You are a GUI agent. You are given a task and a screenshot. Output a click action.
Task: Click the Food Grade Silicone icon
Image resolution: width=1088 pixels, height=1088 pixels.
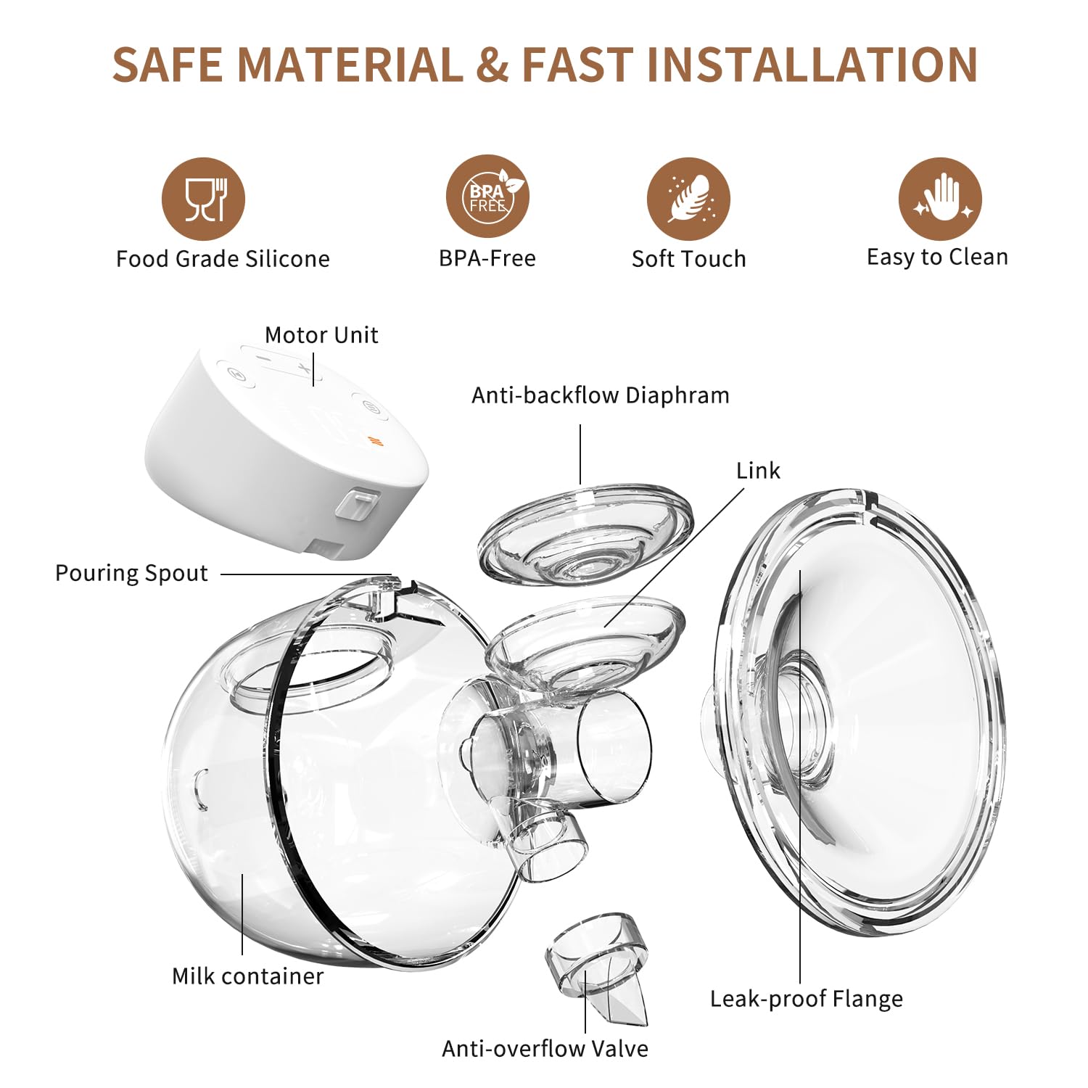pyautogui.click(x=203, y=199)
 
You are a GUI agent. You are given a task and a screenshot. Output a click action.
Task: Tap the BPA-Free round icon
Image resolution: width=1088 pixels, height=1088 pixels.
pyautogui.click(x=487, y=197)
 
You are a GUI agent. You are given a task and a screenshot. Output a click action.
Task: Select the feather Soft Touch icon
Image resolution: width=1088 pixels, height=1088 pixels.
pyautogui.click(x=688, y=199)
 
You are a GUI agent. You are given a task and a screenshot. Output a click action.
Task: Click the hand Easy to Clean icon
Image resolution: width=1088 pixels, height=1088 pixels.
pyautogui.click(x=940, y=199)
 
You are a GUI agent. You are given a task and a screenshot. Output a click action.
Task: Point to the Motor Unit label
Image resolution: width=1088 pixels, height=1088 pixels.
pyautogui.click(x=321, y=335)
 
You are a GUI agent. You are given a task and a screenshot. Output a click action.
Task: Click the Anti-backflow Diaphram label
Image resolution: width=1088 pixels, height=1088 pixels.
pyautogui.click(x=601, y=395)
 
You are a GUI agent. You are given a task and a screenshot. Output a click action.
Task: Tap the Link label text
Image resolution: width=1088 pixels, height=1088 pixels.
pyautogui.click(x=758, y=471)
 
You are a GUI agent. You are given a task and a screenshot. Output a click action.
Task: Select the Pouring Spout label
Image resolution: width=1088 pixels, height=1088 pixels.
pyautogui.click(x=131, y=573)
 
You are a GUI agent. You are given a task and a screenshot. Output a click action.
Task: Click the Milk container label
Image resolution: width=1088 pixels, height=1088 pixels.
pyautogui.click(x=247, y=976)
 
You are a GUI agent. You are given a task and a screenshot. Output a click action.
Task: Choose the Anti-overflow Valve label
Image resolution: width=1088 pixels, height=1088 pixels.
pyautogui.click(x=545, y=1048)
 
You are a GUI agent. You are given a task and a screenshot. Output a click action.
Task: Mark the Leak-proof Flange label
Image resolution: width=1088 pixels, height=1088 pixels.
pyautogui.click(x=806, y=999)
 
